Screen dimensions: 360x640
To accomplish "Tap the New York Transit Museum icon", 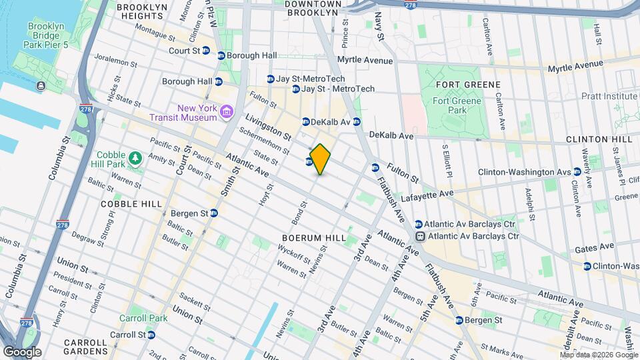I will point(227,110).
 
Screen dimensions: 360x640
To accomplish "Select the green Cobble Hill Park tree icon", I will point(136,158).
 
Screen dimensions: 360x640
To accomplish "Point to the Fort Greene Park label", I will point(448,105).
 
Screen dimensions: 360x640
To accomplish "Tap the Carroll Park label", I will point(143,318).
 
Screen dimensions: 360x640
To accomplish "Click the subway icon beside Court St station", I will point(207,50).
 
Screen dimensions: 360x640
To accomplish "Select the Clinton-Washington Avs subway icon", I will point(577,171).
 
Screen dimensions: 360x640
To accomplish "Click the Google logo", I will point(22,351).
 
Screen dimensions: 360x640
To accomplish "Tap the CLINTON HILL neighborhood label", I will point(599,139).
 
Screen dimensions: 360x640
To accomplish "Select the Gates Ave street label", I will point(594,246).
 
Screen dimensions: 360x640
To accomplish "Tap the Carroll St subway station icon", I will point(152,335).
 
